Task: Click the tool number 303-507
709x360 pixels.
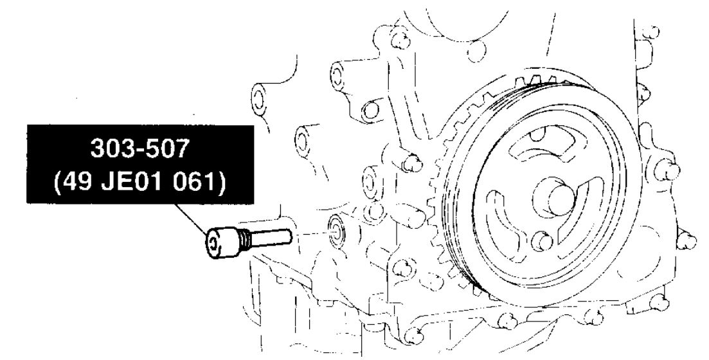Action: [x=139, y=148]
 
